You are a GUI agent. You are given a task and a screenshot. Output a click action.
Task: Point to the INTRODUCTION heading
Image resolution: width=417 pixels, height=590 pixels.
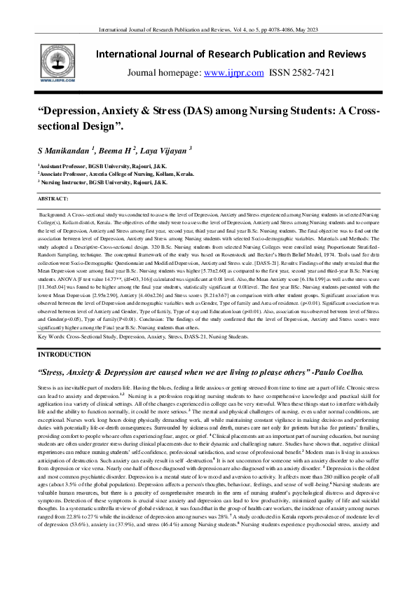tap(64, 355)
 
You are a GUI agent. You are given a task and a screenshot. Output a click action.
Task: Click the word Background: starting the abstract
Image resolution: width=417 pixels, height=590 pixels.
tap(53, 210)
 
